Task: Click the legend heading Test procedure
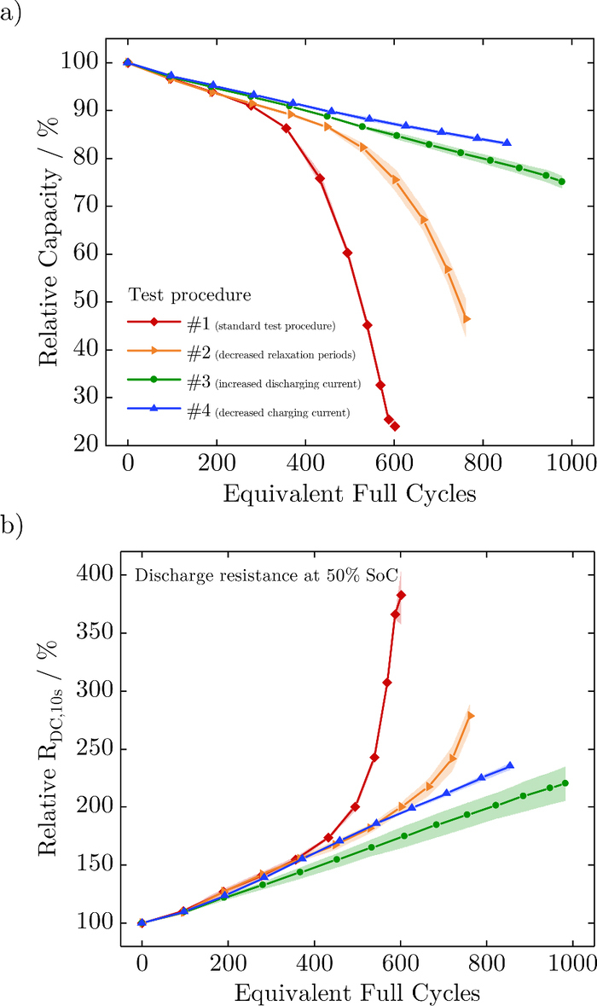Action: tap(189, 295)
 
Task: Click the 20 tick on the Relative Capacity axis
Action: tap(84, 445)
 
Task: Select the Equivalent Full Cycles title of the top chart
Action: tap(350, 494)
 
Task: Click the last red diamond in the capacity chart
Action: tap(395, 427)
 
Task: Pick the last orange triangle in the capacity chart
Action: tap(467, 319)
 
